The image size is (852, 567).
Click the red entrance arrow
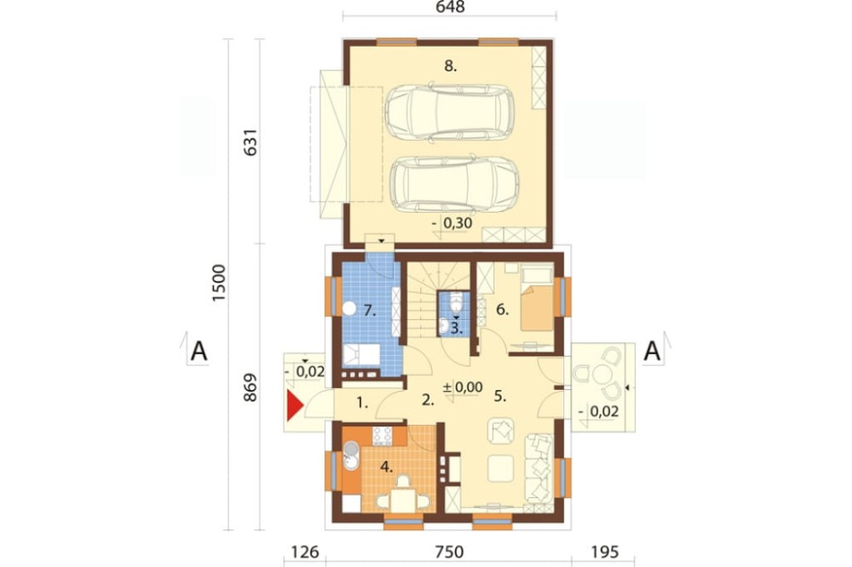pyautogui.click(x=294, y=406)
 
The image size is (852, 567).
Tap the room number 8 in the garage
pyautogui.click(x=451, y=66)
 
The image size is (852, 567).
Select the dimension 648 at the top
pyautogui.click(x=451, y=7)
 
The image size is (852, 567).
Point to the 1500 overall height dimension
pyautogui.click(x=218, y=283)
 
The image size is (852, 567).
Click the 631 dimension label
pyautogui.click(x=250, y=142)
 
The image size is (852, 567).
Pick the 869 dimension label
pyautogui.click(x=250, y=387)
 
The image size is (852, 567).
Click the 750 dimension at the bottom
pyautogui.click(x=450, y=553)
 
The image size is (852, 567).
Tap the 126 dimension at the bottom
pyautogui.click(x=305, y=553)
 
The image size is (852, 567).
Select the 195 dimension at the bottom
pyautogui.click(x=604, y=553)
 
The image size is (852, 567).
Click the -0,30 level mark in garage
pyautogui.click(x=452, y=223)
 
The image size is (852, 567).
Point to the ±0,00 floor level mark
pyautogui.click(x=463, y=387)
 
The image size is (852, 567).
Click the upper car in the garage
pyautogui.click(x=450, y=112)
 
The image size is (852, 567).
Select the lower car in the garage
pyautogui.click(x=454, y=184)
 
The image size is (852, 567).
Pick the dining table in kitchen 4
pyautogui.click(x=403, y=501)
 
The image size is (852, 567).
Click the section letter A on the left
pyautogui.click(x=199, y=352)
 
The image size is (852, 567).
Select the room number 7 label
pyautogui.click(x=370, y=311)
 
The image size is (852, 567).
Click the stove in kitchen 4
pyautogui.click(x=382, y=434)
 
